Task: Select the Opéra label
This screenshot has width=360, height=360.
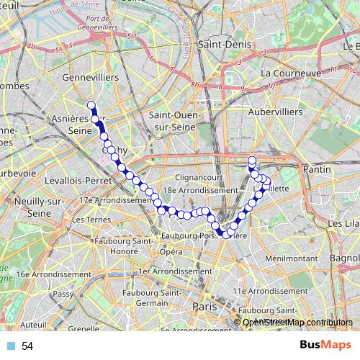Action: [x=170, y=252]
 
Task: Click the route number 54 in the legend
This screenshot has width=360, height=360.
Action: [x=27, y=346]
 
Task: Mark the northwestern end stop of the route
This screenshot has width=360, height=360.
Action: [x=91, y=104]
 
